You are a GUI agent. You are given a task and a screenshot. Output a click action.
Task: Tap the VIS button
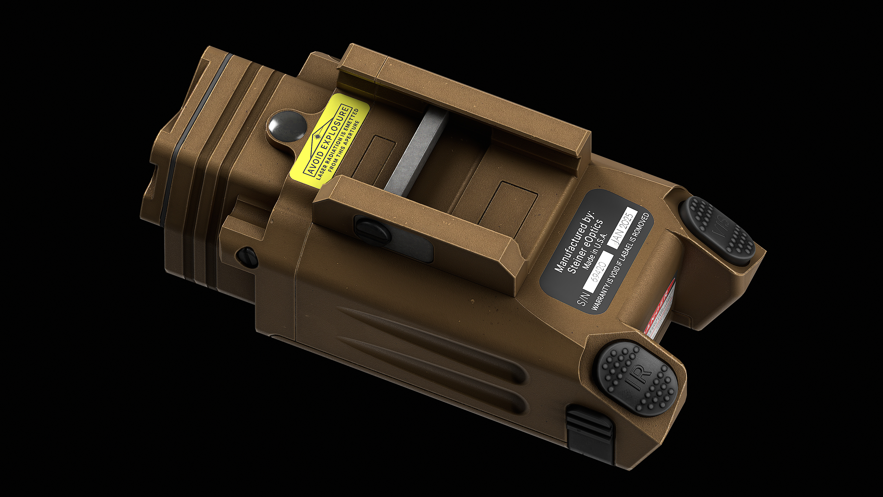pyautogui.click(x=717, y=231)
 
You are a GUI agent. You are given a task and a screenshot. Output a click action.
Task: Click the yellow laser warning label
pyautogui.click(x=329, y=141)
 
